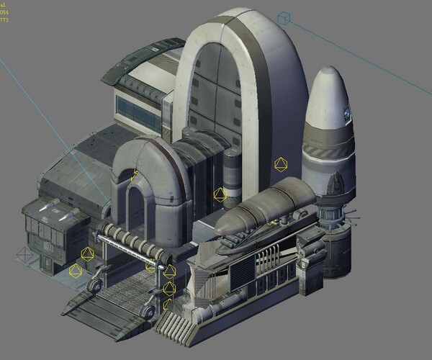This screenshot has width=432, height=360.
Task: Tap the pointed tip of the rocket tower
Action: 328,70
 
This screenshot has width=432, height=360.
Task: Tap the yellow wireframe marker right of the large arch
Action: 280,165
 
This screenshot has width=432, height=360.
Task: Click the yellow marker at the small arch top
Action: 135,174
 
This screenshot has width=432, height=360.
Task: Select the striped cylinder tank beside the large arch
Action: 232,169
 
